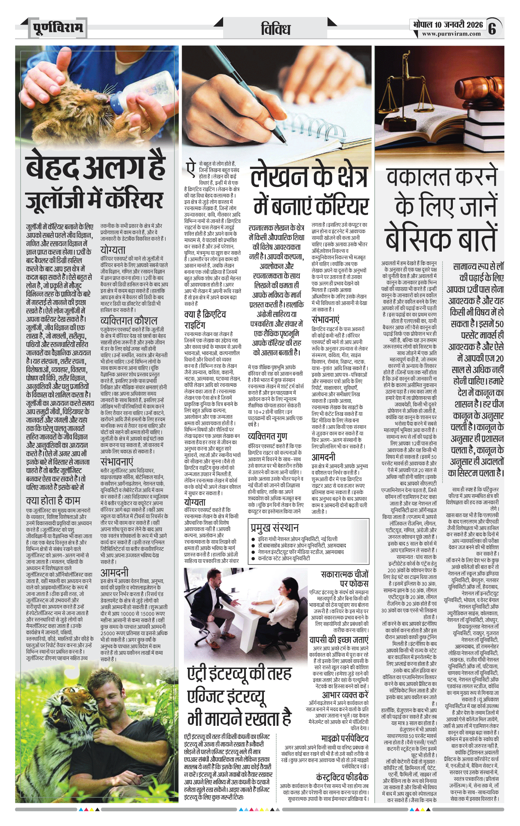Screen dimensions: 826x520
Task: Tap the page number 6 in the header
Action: (492, 28)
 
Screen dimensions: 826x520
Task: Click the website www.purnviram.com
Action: (451, 34)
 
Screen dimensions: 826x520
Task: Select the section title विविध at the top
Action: (276, 29)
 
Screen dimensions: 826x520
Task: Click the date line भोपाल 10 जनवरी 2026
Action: (448, 25)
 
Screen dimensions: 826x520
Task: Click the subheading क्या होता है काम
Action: (53, 501)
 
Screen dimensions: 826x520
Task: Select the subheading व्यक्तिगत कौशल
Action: (129, 320)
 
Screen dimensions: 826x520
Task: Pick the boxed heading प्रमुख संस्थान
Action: (274, 528)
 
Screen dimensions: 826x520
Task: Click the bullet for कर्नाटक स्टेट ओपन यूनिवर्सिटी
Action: (254, 558)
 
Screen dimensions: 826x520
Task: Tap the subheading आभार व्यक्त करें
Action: (345, 695)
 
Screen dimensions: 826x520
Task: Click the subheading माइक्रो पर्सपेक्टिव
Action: (345, 738)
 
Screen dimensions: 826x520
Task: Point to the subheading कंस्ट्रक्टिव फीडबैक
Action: (342, 777)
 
